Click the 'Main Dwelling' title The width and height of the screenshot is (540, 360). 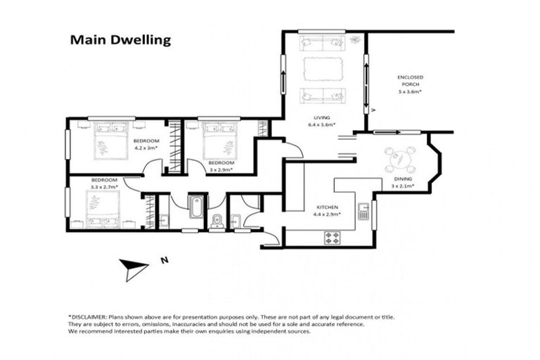[x=120, y=40]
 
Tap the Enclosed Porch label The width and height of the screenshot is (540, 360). [x=410, y=81]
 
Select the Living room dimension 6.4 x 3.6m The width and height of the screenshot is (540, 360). [x=322, y=124]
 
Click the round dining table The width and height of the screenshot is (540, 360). [x=400, y=160]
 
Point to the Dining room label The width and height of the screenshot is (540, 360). [x=403, y=179]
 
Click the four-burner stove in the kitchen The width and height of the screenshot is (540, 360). [x=333, y=238]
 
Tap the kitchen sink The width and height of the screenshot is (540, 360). [x=364, y=211]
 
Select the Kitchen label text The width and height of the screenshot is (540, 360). [x=327, y=207]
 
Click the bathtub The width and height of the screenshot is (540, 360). [x=195, y=206]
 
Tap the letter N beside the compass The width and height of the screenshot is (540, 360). [x=165, y=260]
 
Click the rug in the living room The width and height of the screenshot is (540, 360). [x=323, y=69]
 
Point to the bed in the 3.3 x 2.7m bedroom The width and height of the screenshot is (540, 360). [x=103, y=209]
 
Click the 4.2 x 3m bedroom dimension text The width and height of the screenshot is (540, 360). [x=146, y=148]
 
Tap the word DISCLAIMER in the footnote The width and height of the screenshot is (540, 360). [x=89, y=317]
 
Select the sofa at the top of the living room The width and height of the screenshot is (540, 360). [x=322, y=44]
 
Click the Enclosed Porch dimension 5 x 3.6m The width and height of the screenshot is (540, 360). [x=410, y=91]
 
